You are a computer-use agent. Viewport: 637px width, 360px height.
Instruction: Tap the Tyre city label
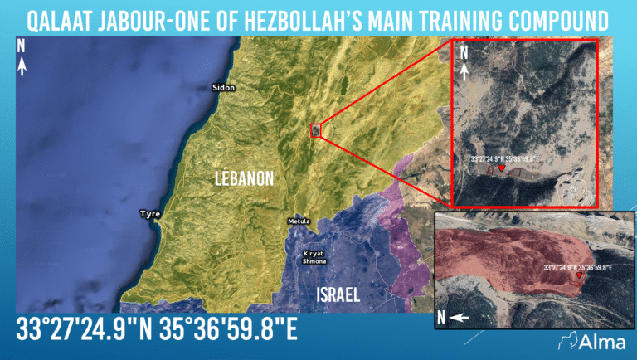150,214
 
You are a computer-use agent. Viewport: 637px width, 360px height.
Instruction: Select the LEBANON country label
244,178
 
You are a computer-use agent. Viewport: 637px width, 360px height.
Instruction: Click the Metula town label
298,221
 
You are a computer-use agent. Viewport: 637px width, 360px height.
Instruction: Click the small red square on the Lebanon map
314,129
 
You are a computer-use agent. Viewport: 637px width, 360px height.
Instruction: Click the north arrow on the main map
22,55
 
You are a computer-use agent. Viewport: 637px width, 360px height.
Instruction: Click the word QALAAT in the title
55,18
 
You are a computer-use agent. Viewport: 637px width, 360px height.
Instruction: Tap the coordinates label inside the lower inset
578,267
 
